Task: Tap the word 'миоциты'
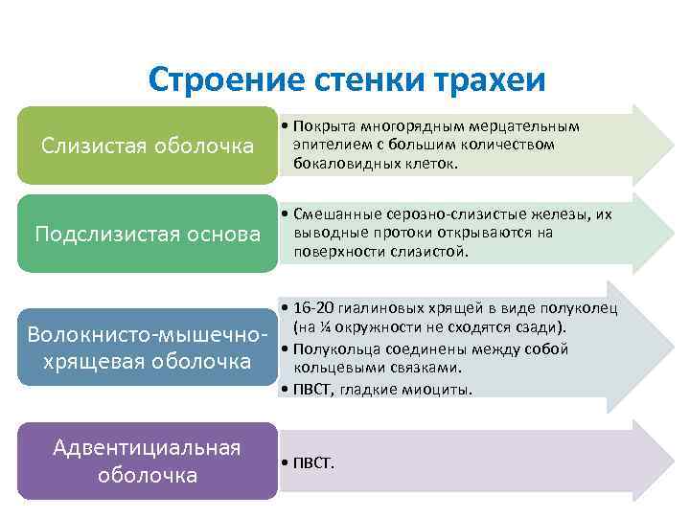(442, 389)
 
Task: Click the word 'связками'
(428, 368)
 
